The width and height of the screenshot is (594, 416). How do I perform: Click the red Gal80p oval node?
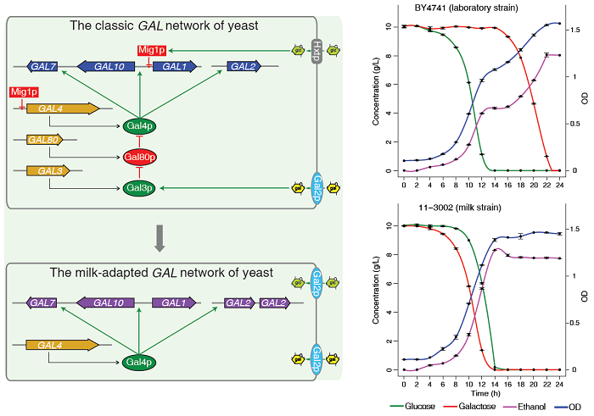(140, 158)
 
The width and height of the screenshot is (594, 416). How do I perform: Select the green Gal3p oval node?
(140, 186)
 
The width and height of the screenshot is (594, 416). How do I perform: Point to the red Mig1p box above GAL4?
(24, 91)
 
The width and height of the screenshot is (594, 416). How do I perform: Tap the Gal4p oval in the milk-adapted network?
(140, 362)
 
